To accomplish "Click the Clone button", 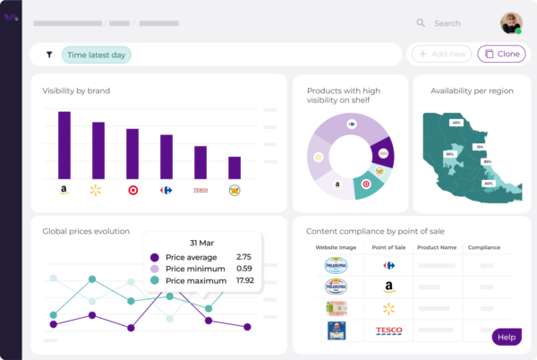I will (501, 54).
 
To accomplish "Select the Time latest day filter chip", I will (97, 55).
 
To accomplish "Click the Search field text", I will (447, 23).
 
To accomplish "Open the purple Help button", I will (507, 337).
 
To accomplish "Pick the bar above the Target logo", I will (132, 154).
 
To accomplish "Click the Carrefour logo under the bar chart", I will (166, 190).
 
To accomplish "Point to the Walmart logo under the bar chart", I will (97, 190).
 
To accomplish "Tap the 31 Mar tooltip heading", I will (201, 242).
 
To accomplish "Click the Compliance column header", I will (483, 247).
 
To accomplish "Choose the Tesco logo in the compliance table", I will (388, 330).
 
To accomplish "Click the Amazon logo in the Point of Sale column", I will (388, 287).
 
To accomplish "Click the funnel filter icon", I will (48, 55).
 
